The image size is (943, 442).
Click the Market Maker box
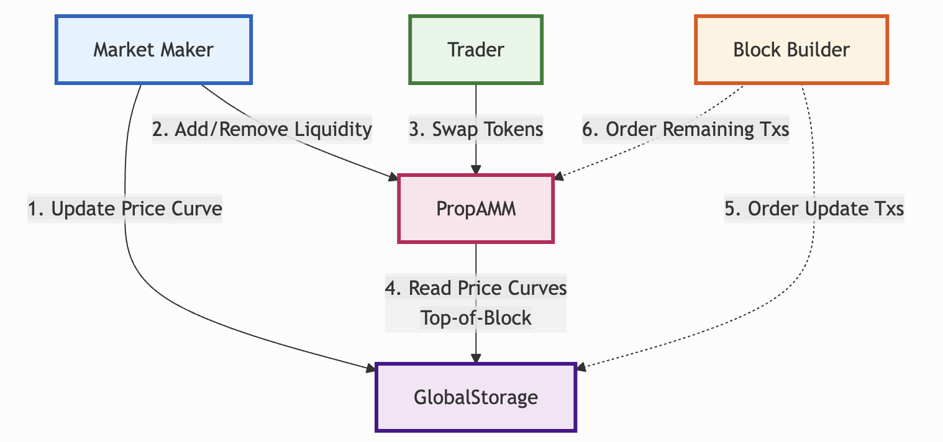[153, 50]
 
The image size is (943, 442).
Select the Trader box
[475, 50]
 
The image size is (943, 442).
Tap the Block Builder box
[791, 50]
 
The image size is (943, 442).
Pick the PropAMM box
[475, 209]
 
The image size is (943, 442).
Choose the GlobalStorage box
[475, 397]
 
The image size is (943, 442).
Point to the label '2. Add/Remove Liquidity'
[262, 130]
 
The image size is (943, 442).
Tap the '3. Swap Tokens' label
[476, 130]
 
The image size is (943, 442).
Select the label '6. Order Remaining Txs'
[685, 130]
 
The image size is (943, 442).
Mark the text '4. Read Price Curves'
[476, 288]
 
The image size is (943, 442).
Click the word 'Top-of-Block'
[476, 318]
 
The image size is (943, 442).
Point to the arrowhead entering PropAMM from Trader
[475, 169]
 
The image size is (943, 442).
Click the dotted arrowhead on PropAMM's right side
[558, 179]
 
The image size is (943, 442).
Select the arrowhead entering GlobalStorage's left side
[371, 369]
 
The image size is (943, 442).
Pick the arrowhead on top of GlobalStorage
[475, 359]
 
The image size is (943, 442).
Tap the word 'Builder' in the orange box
[819, 50]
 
